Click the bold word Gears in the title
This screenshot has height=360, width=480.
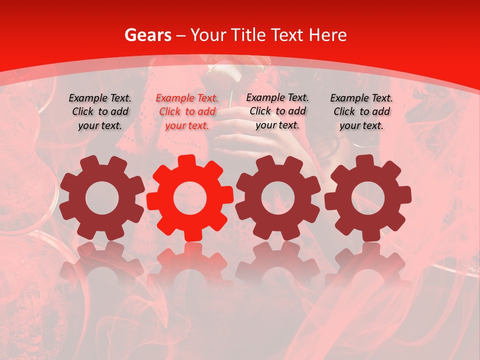147,35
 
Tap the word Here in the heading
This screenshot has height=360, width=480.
327,35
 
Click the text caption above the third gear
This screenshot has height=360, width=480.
277,111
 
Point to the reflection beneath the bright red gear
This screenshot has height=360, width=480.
190,265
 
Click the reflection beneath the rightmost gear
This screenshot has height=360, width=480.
367,265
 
